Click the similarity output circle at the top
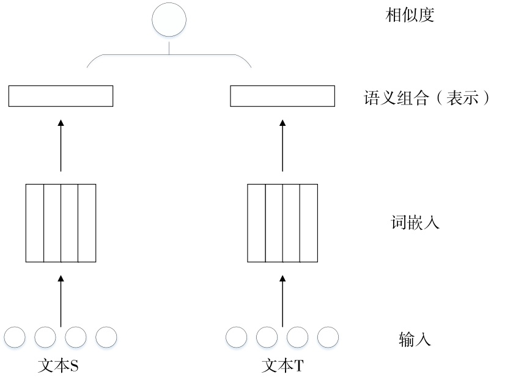pyautogui.click(x=169, y=20)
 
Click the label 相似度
pyautogui.click(x=409, y=16)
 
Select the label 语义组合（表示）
pyautogui.click(x=426, y=98)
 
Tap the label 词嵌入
pyautogui.click(x=415, y=222)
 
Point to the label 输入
pyautogui.click(x=415, y=338)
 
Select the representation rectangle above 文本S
pyautogui.click(x=61, y=96)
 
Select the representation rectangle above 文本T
pyautogui.click(x=282, y=96)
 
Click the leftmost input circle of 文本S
pyautogui.click(x=15, y=337)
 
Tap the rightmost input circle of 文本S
pyautogui.click(x=106, y=337)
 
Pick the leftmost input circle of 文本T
pyautogui.click(x=237, y=337)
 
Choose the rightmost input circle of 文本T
pyautogui.click(x=328, y=337)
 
